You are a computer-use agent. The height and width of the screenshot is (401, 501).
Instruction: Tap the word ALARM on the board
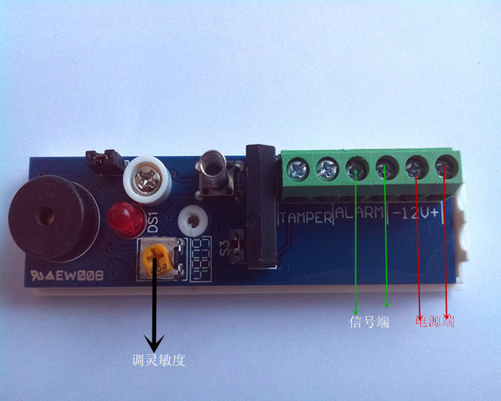point(360,215)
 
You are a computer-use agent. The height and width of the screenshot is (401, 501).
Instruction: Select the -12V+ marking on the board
point(419,213)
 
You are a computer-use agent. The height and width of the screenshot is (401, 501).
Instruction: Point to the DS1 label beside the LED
point(152,221)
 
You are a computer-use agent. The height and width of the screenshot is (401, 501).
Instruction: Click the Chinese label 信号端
point(369,322)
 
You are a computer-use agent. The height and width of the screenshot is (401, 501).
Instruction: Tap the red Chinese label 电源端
point(435,321)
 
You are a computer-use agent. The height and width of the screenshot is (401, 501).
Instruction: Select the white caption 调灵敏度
point(158,361)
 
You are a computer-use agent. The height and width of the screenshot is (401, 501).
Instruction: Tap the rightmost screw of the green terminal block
point(446,166)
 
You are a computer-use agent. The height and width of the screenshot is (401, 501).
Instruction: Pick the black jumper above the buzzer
point(104,160)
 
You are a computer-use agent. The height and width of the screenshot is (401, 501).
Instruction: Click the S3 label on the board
point(224,239)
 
